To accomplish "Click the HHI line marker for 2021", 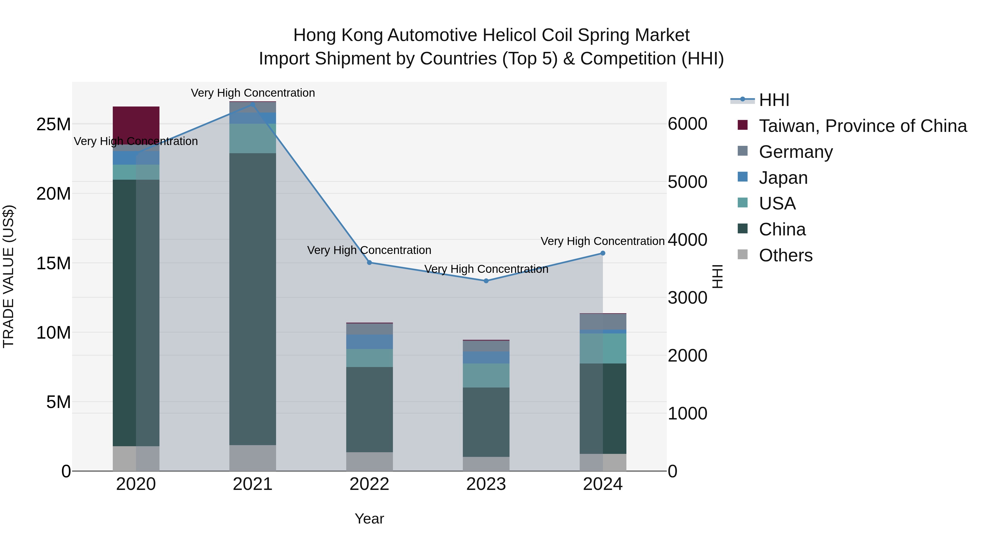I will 252,104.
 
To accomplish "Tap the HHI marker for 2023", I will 486,281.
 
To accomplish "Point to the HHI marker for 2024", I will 603,253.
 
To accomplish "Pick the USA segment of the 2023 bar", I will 486,375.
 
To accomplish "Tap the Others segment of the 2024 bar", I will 603,462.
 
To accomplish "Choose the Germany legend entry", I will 796,152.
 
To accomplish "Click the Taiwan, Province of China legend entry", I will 862,126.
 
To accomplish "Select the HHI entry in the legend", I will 774,100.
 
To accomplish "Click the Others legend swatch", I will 743,255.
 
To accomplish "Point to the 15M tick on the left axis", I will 54,263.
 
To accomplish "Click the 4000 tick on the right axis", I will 687,240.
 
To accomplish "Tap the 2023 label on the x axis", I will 486,484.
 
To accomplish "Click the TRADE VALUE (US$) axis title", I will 8,276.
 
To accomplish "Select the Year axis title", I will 369,519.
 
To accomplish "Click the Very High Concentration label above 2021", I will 253,93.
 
